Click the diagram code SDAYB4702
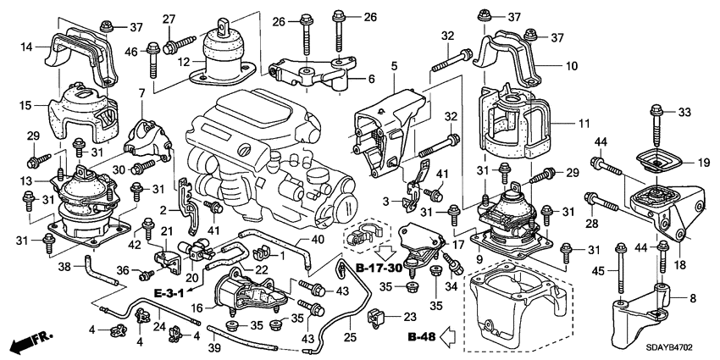pyautogui.click(x=678, y=347)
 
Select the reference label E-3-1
pyautogui.click(x=171, y=293)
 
